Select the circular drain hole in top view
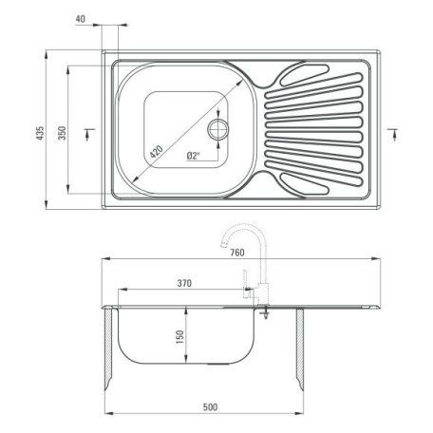pos(219,129)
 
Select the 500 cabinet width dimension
pos(209,407)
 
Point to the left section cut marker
pos(87,130)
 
